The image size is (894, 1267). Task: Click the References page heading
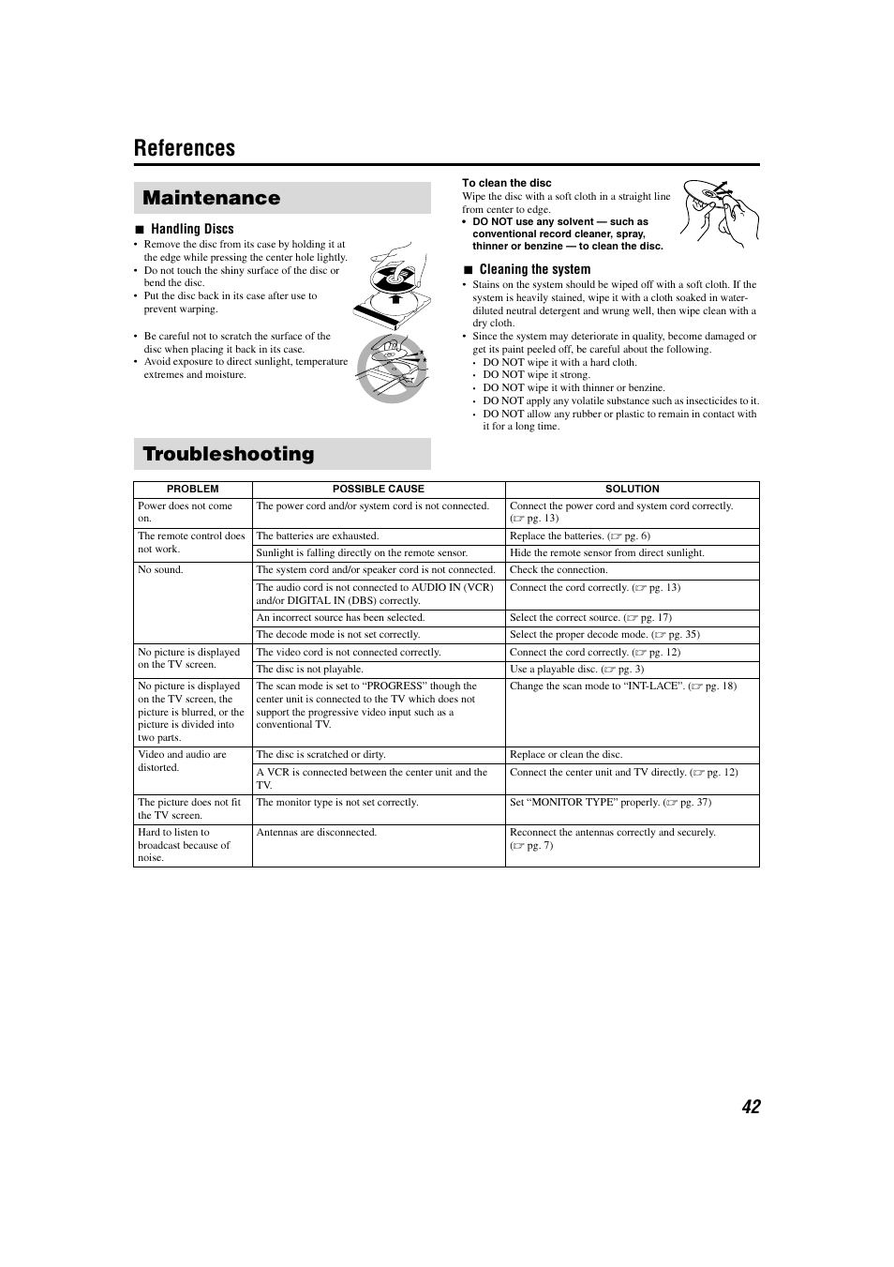click(x=185, y=148)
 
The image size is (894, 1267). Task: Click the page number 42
click(x=750, y=1107)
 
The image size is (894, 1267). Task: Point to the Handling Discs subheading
click(x=192, y=229)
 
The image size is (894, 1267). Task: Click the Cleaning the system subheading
click(x=534, y=269)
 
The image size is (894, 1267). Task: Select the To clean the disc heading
click(x=506, y=183)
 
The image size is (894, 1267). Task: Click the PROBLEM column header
click(x=192, y=489)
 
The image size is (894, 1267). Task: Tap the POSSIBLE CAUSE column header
click(x=378, y=489)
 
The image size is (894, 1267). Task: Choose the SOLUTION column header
click(x=632, y=489)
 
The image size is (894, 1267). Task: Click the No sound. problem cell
click(x=161, y=570)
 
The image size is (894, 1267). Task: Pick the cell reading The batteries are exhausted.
click(x=318, y=536)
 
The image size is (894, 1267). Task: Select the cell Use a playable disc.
click(x=576, y=670)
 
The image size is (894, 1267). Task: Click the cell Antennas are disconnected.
click(x=317, y=833)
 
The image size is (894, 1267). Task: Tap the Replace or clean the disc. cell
click(x=566, y=755)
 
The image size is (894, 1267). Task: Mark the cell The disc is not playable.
click(x=310, y=670)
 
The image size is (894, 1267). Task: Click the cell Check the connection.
click(x=559, y=570)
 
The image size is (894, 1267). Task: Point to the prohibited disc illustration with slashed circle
click(x=392, y=368)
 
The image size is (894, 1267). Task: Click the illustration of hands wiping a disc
click(x=712, y=211)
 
